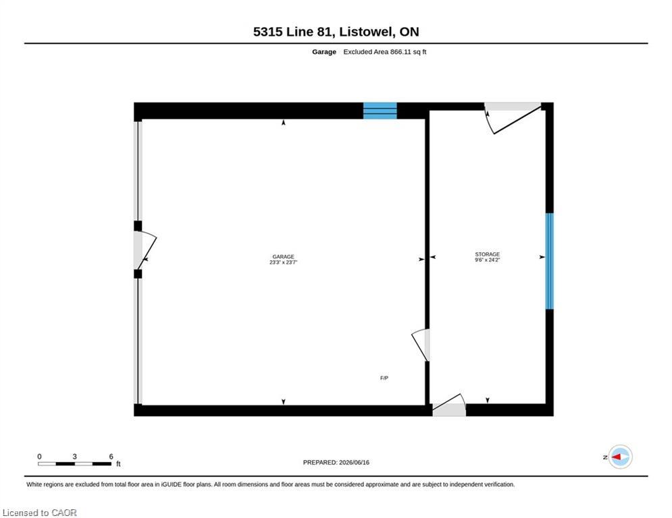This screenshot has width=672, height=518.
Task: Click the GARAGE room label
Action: [x=283, y=257]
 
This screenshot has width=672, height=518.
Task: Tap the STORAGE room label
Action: [x=488, y=254]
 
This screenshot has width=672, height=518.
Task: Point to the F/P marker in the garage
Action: [x=384, y=378]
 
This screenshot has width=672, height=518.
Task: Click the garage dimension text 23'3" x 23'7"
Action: [x=283, y=262]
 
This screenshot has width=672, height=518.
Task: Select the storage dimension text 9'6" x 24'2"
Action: [x=488, y=260]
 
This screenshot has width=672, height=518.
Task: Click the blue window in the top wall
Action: [x=380, y=111]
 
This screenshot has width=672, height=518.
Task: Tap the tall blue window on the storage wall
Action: [x=550, y=261]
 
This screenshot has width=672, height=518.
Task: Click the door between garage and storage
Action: [x=421, y=345]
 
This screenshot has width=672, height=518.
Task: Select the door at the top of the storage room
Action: [x=513, y=118]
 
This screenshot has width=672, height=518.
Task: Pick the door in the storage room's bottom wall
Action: [x=448, y=405]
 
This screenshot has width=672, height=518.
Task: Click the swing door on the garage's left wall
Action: [x=145, y=250]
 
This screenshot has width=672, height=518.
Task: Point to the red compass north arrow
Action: [x=615, y=457]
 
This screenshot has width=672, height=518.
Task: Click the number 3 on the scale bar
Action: [x=74, y=457]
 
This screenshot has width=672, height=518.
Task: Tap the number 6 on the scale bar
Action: [x=111, y=457]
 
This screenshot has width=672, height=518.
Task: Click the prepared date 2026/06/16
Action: [x=354, y=462]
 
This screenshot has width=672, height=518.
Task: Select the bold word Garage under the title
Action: [x=324, y=52]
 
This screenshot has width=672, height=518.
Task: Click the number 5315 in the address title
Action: [x=267, y=32]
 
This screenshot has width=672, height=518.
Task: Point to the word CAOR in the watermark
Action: [x=64, y=513]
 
